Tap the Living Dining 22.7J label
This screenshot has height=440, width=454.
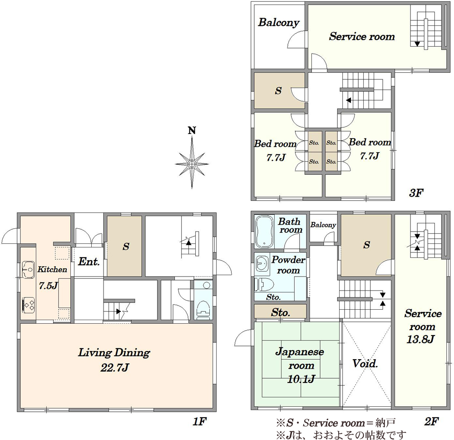[114, 360]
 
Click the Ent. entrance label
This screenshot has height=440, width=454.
[89, 262]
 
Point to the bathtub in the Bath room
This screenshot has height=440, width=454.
[264, 232]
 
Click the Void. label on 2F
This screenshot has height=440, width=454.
[365, 363]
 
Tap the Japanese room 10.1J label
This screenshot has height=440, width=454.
[300, 366]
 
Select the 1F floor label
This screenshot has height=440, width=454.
[199, 421]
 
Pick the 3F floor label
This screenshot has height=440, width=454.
[416, 193]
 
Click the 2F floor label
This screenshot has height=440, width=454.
[432, 421]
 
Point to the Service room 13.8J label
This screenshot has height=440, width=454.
[423, 326]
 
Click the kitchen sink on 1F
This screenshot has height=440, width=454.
[28, 270]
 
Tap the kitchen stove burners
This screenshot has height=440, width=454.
[28, 305]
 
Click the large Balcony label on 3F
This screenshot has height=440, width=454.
[279, 22]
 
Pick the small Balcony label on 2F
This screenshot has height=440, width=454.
[323, 225]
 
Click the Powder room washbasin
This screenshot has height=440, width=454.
[262, 264]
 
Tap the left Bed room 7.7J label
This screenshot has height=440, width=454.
[276, 150]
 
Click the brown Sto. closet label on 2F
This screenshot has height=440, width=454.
[280, 312]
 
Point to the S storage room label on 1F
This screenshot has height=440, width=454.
[126, 247]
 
